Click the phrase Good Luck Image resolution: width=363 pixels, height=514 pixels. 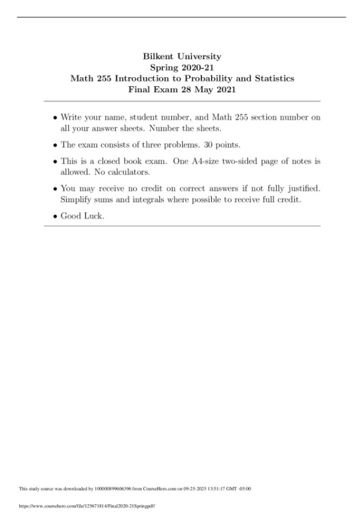pyautogui.click(x=82, y=216)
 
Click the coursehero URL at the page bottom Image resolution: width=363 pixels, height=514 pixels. pyautogui.click(x=88, y=506)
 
